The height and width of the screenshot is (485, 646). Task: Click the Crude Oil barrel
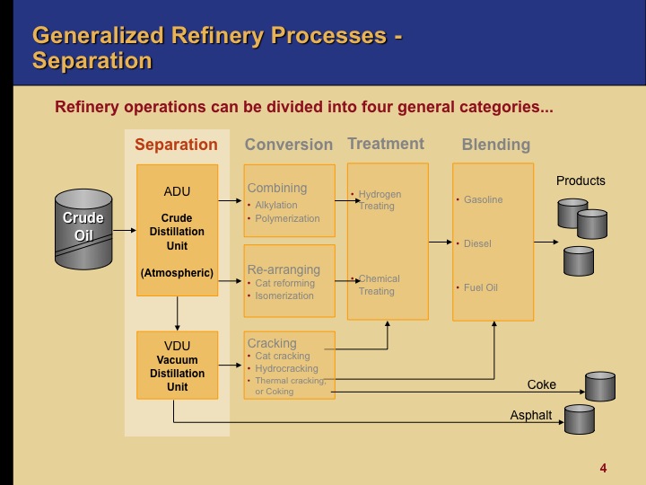point(83,229)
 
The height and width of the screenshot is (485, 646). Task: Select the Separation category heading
point(176,145)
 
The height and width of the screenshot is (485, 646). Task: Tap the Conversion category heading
point(288,145)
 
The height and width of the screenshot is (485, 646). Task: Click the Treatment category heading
point(386,144)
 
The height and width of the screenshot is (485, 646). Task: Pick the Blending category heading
point(495,145)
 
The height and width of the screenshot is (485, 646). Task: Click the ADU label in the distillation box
point(177,191)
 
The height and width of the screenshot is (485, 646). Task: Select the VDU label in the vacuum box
point(177,345)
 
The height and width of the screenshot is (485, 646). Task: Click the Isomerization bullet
point(284,295)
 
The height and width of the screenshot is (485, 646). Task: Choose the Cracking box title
point(271,343)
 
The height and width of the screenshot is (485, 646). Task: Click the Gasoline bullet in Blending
point(483,199)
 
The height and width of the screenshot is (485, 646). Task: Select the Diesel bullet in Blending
point(476,243)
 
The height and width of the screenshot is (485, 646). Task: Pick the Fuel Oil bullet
point(480,287)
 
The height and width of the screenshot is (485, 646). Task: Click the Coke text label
point(541,384)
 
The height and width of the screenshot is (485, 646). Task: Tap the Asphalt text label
point(531,415)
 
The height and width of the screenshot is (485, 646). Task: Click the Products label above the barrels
point(581,181)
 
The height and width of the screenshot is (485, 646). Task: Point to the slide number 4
point(603,468)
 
